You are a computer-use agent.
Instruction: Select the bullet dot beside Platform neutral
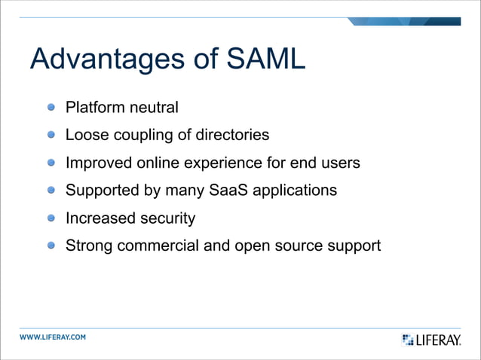[x=51, y=108]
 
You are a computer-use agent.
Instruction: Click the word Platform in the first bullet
[x=94, y=108]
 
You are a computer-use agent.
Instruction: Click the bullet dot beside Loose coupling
[x=51, y=136]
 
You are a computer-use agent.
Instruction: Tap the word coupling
[x=140, y=136]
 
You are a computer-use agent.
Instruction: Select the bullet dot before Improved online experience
[x=51, y=163]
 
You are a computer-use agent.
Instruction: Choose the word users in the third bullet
[x=340, y=163]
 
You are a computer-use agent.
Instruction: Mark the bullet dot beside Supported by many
[x=51, y=191]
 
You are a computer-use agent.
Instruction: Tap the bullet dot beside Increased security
[x=51, y=218]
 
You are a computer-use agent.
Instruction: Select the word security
[x=167, y=218]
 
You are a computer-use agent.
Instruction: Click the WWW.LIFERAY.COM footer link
[x=53, y=337]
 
